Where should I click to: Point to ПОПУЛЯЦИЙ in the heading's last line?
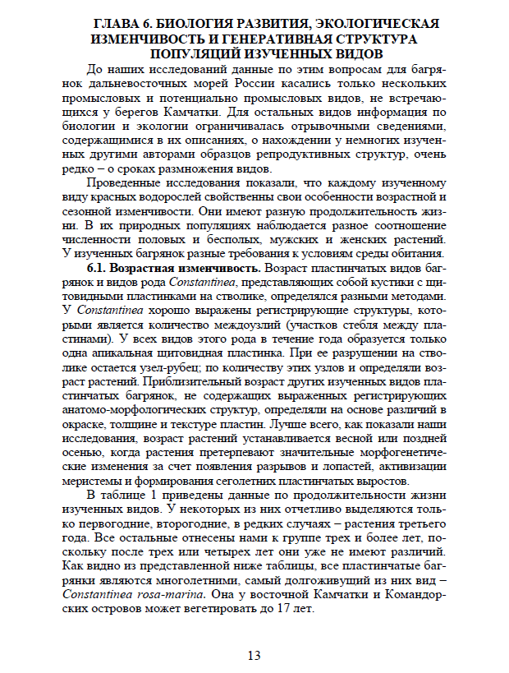click(194, 53)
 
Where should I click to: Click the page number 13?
click(254, 654)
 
